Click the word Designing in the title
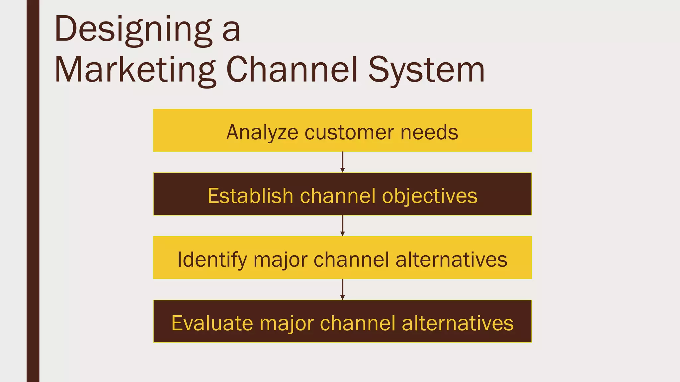point(133,30)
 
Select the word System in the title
point(426,70)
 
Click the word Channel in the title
point(292,70)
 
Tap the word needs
point(429,132)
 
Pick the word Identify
point(212,260)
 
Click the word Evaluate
point(212,323)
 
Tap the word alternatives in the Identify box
point(452,260)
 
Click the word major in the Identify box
point(280,260)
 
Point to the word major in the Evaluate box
point(286,323)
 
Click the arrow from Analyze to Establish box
point(342,162)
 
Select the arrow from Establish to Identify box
point(342,226)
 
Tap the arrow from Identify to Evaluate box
point(342,289)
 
